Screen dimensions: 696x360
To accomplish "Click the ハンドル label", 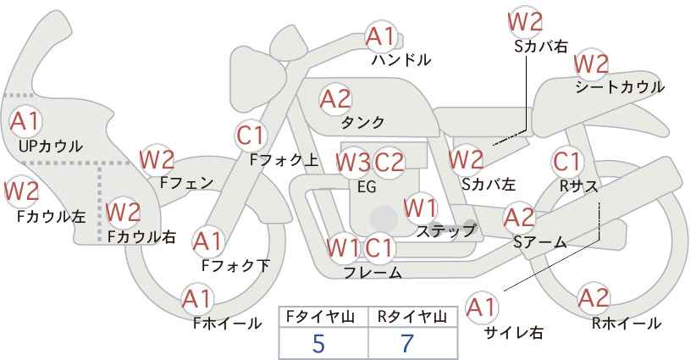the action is pyautogui.click(x=401, y=59).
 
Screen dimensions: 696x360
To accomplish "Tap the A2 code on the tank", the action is pyautogui.click(x=335, y=99).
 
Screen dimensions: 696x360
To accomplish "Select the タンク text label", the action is pyautogui.click(x=362, y=122).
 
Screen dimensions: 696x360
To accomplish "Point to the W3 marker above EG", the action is pyautogui.click(x=353, y=163).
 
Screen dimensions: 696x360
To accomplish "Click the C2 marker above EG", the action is pyautogui.click(x=389, y=163).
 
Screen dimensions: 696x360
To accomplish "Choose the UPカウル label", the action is pyautogui.click(x=51, y=146).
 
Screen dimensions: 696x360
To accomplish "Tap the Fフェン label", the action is pyautogui.click(x=186, y=183).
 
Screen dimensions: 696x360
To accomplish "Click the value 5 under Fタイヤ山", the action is pyautogui.click(x=318, y=343).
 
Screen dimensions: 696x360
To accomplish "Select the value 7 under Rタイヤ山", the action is pyautogui.click(x=407, y=343).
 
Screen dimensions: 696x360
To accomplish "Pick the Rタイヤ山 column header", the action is pyautogui.click(x=412, y=317).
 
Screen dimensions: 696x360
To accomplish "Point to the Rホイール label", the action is pyautogui.click(x=627, y=324).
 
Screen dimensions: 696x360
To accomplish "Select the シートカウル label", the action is pyautogui.click(x=620, y=87).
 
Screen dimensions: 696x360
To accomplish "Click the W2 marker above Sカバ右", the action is pyautogui.click(x=525, y=21).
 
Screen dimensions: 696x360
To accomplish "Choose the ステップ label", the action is pyautogui.click(x=445, y=231).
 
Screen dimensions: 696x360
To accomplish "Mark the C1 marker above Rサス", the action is pyautogui.click(x=567, y=162).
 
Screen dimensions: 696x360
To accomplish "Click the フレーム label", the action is pyautogui.click(x=373, y=272).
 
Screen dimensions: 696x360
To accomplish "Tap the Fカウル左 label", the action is pyautogui.click(x=51, y=217).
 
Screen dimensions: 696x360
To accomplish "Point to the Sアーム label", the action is pyautogui.click(x=540, y=242).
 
